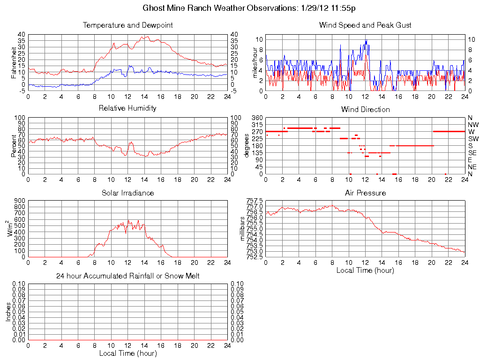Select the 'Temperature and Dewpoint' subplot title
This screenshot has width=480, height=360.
(127, 25)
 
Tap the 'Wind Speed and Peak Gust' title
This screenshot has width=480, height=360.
(365, 25)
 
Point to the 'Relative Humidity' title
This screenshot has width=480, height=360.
(127, 108)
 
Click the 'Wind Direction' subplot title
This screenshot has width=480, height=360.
(365, 110)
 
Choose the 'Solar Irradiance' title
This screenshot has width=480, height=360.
(127, 193)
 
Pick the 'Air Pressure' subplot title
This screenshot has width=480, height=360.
(365, 193)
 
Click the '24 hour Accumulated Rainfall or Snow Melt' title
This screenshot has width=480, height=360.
(127, 276)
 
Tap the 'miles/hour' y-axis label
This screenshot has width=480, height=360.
(255, 62)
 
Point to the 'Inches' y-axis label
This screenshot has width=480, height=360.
(8, 312)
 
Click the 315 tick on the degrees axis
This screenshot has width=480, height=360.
(256, 125)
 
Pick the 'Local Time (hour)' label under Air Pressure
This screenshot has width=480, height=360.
(365, 270)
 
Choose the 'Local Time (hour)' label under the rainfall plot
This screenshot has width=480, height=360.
(127, 353)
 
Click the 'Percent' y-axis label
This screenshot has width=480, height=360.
(14, 146)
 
